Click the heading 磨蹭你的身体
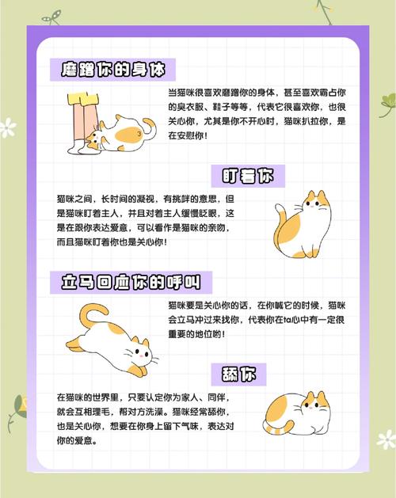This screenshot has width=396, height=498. coord(112,69)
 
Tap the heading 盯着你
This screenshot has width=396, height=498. coord(248,176)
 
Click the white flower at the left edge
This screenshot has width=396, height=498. coord(7,127)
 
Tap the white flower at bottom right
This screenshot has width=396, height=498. coord(385,438)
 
